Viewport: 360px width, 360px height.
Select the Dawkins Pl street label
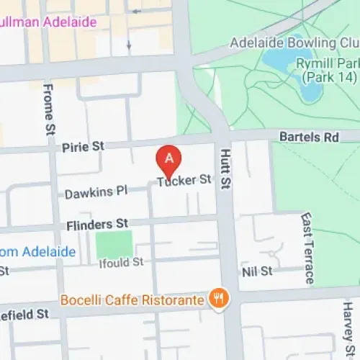pos(96,192)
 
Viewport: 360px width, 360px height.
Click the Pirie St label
pos(84,146)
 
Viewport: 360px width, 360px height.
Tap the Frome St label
pos(49,104)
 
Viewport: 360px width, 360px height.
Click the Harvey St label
pos(348,320)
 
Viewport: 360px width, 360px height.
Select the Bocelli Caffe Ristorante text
pos(132,298)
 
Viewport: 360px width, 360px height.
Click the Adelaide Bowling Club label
pos(294,43)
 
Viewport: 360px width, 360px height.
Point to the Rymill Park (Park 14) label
pos(328,70)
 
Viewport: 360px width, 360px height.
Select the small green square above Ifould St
pos(114,245)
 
